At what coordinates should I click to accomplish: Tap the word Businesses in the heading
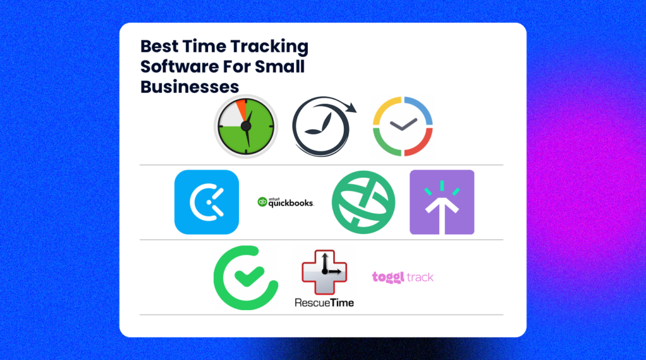(x=189, y=86)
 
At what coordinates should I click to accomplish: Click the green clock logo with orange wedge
(x=246, y=127)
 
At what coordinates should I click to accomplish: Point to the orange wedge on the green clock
(x=242, y=109)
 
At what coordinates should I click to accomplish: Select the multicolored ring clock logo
(x=402, y=127)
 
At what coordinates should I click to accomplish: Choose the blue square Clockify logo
(x=206, y=202)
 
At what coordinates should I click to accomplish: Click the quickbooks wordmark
(x=291, y=202)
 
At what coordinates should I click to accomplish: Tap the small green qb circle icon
(x=262, y=202)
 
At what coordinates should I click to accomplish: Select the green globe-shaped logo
(x=363, y=202)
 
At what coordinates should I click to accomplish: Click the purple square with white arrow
(x=442, y=202)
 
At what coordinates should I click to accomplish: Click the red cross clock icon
(x=324, y=272)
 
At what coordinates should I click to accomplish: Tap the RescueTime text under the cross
(x=324, y=303)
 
